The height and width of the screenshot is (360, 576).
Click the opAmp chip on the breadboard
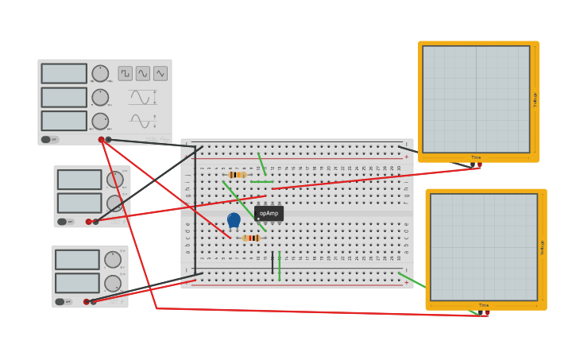[269, 213]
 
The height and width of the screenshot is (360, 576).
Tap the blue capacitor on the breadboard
[234, 219]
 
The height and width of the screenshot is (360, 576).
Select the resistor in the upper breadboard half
[237, 175]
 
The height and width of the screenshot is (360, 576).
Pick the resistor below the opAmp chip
[251, 238]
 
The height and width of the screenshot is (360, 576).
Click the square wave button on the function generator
[126, 73]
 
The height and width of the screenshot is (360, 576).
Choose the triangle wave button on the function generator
[160, 73]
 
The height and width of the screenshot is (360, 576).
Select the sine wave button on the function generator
[143, 73]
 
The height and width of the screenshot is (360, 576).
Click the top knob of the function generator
[100, 73]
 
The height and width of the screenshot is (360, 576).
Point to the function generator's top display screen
[64, 73]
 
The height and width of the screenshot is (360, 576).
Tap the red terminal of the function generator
[102, 140]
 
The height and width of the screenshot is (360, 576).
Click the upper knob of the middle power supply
[115, 180]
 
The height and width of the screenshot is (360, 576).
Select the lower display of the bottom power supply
[77, 283]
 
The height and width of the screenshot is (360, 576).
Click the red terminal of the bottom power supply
[87, 302]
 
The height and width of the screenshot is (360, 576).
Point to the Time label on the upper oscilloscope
[476, 157]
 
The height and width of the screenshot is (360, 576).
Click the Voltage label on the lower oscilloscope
[543, 247]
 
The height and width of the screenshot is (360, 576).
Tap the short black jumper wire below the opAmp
[273, 263]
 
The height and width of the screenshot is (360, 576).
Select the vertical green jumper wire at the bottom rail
[280, 266]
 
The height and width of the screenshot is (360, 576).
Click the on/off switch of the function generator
[49, 140]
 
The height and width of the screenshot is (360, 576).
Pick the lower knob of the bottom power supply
[113, 283]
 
